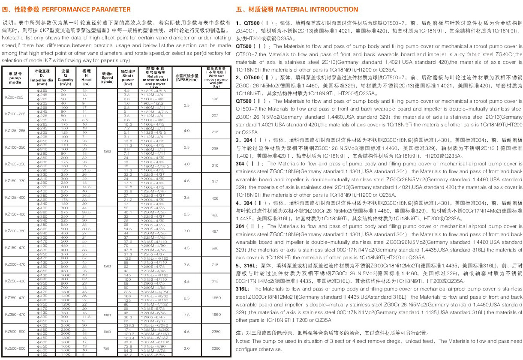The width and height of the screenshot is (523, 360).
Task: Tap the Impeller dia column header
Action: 42,77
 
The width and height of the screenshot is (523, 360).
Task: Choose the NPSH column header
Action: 186,77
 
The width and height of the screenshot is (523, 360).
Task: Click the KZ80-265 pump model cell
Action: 15,97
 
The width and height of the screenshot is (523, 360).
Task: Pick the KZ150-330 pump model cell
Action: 15,181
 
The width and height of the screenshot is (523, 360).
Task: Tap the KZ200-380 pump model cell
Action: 15,231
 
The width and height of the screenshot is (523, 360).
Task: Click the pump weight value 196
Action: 216,99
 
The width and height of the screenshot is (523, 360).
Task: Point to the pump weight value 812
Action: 216,281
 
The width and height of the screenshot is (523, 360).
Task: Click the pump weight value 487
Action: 216,231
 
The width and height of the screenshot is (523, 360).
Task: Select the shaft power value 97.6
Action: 128,242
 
